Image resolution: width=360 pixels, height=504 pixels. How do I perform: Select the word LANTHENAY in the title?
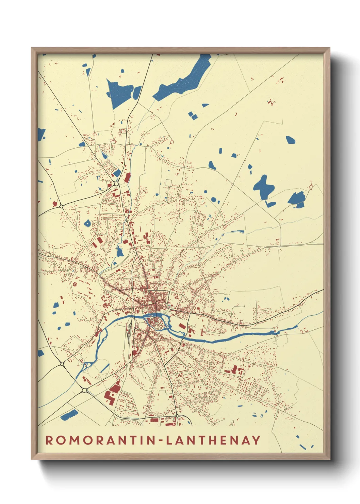[x=213, y=440]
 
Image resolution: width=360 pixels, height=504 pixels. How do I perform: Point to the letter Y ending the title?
[x=256, y=440]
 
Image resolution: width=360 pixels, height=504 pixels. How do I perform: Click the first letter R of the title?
[x=50, y=440]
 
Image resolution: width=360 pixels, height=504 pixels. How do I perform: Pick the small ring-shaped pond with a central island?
[x=87, y=223]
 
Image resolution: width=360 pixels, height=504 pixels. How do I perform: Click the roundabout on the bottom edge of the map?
[x=177, y=416]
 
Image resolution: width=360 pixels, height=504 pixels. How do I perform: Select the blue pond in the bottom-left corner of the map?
[x=69, y=415]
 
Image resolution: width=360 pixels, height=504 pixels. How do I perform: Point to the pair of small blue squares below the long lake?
[x=193, y=115]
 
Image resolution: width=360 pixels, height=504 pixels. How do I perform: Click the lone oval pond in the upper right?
[x=290, y=140]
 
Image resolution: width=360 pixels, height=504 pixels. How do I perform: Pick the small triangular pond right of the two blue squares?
[x=205, y=105]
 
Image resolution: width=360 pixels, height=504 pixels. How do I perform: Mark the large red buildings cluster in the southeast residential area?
[x=234, y=370]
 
